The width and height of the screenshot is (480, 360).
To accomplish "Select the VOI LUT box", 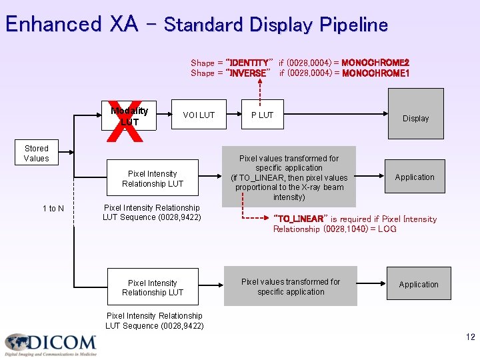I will point(199,115).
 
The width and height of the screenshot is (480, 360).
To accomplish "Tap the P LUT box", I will point(262,115).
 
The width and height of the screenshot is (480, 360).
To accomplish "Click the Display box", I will point(415,118).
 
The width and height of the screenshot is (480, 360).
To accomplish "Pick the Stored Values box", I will point(37,153).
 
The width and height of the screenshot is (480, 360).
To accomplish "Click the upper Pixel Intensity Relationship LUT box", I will point(153,179).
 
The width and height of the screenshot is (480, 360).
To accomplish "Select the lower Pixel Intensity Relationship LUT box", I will point(153,288).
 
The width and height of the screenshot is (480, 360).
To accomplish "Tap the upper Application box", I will point(414,177).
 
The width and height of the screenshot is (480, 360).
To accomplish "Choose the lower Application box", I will point(419,285).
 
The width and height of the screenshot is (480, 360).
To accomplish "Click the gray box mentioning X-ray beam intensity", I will point(289,177).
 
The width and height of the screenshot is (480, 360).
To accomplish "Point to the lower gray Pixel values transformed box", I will point(290,287).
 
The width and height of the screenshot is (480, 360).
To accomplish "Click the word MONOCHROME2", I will point(375,63).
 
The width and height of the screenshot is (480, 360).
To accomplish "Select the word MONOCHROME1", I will point(375,73).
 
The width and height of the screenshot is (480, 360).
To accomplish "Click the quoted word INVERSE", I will point(249,73).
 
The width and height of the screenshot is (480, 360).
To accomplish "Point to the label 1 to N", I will point(53,209).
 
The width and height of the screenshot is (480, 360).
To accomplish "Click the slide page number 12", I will point(471,337).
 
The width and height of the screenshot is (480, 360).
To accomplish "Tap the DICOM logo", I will point(51,344).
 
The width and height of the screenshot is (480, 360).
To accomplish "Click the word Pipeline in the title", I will point(353,25).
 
